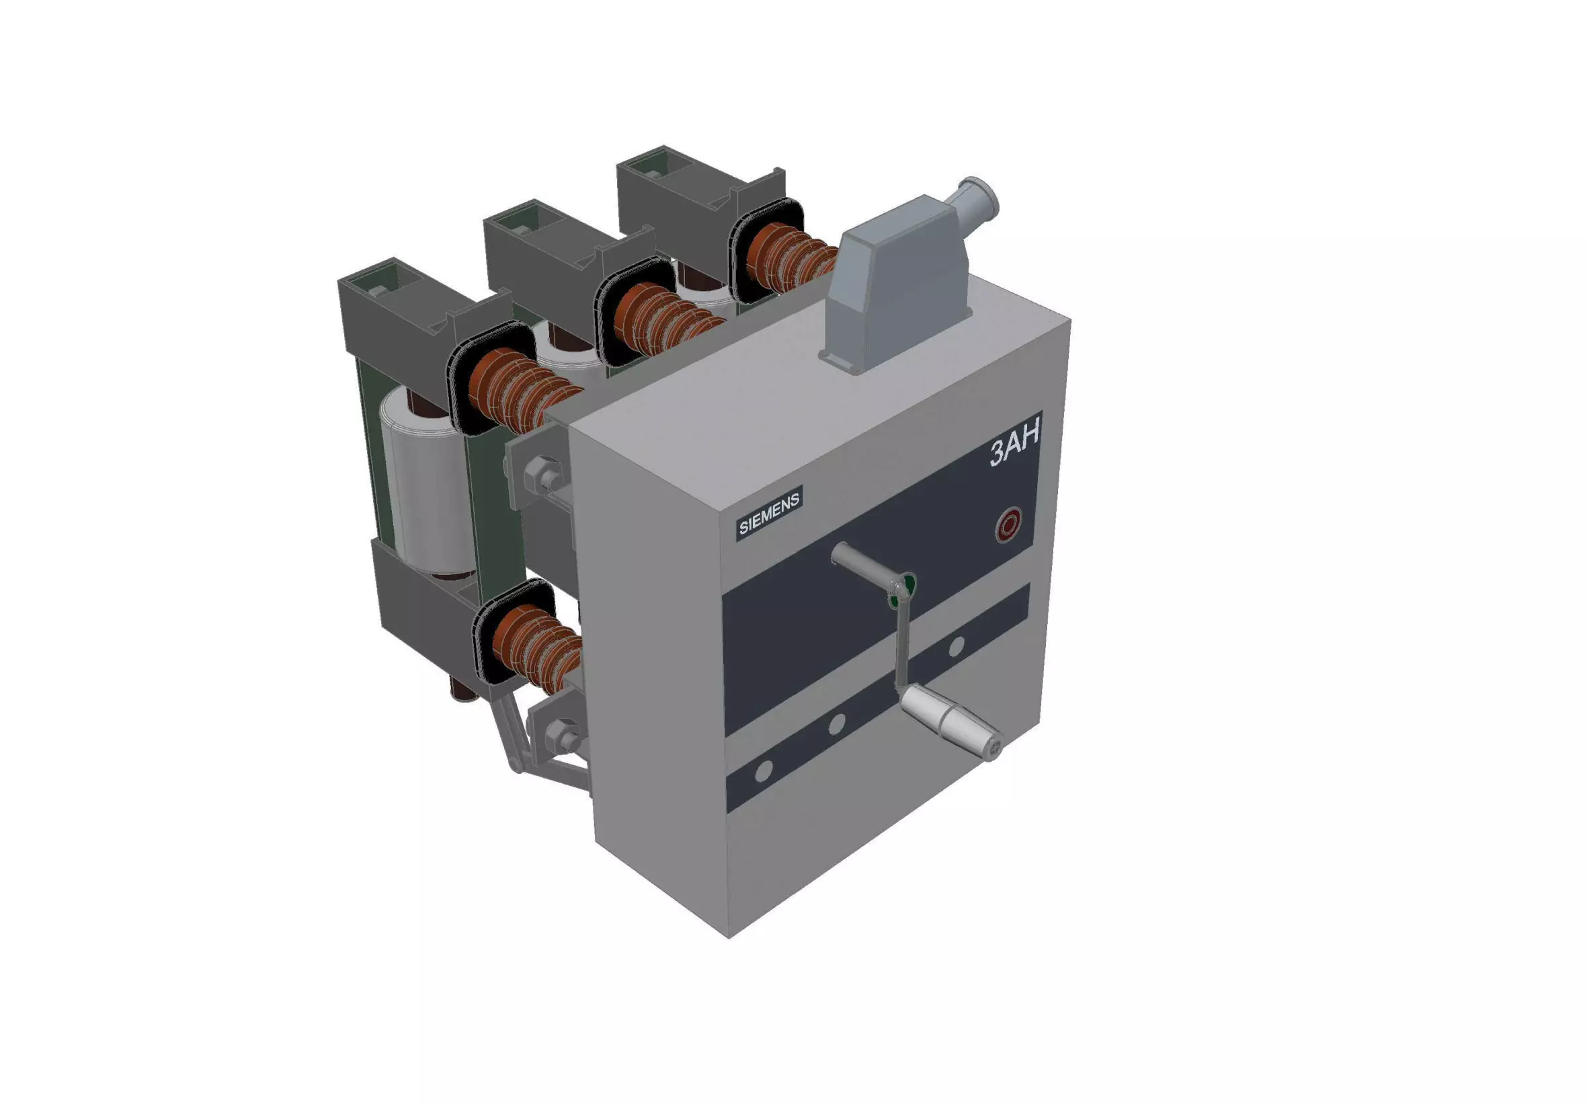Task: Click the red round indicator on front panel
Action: pos(1008,525)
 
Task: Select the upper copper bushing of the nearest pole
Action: pos(518,387)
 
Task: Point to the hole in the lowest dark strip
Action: pos(764,771)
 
